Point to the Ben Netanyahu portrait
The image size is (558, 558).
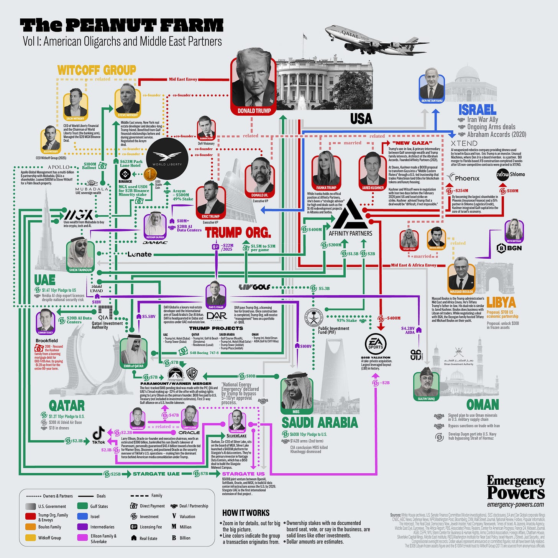pos(432,88)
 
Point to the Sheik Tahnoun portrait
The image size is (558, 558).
pos(80,255)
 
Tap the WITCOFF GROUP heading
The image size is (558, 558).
pos(97,70)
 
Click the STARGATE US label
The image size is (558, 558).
pos(243,474)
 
